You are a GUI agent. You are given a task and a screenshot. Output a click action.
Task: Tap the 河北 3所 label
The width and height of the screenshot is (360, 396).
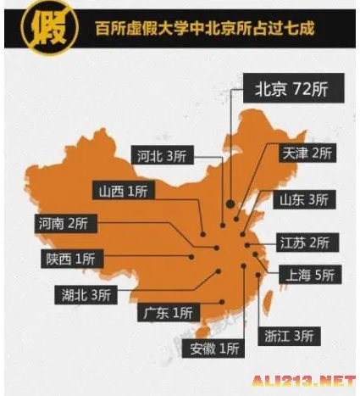tap(161, 155)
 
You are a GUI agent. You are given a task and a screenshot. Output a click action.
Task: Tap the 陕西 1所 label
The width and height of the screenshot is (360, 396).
tap(71, 258)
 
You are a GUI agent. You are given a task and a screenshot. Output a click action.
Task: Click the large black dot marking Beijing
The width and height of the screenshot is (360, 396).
tap(230, 203)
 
